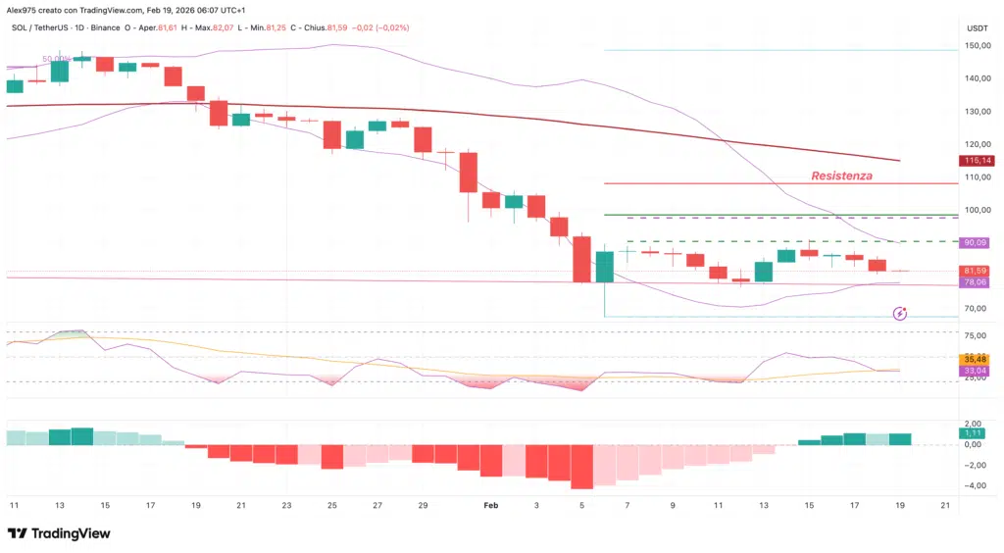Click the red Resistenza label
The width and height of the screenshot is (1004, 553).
tap(841, 176)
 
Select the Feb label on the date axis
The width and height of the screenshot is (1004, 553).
tap(492, 504)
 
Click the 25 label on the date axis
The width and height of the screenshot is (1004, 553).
tap(332, 504)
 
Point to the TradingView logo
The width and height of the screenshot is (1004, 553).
tap(59, 533)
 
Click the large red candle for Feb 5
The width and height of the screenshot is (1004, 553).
tap(582, 259)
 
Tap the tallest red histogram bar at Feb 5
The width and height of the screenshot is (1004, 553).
tap(582, 467)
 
